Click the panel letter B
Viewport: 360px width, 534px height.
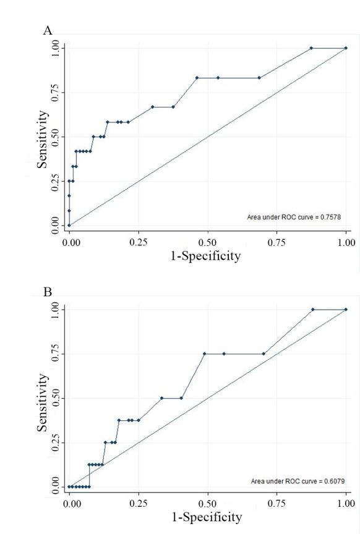click(x=48, y=292)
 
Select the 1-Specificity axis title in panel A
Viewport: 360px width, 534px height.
click(x=206, y=255)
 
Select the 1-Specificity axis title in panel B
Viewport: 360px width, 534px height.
click(x=206, y=516)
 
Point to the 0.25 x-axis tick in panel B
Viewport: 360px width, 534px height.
click(x=139, y=503)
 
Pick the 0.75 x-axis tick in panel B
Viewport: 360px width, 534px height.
click(x=276, y=503)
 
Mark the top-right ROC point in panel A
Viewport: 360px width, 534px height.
click(x=346, y=48)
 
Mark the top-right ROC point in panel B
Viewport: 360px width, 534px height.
click(x=346, y=309)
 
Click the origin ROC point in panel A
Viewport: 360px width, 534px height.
click(x=69, y=225)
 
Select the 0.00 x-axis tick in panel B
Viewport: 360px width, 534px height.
click(x=71, y=503)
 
